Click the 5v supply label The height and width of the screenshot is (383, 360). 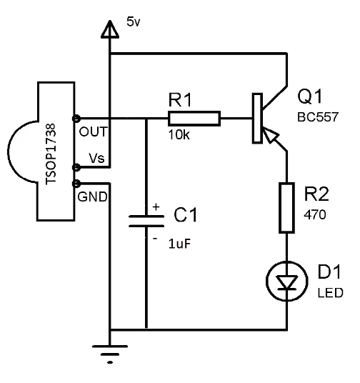pos(134,21)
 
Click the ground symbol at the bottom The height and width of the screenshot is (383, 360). pos(110,354)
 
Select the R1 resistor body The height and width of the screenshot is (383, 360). pos(194,119)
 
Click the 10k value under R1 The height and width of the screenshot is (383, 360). pos(179,134)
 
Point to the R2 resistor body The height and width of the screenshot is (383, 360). pos(286,208)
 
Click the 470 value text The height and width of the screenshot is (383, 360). pos(315,214)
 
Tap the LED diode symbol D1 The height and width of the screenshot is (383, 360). pos(286,281)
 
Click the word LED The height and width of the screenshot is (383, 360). pos(331,293)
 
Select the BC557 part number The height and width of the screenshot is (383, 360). pos(318,117)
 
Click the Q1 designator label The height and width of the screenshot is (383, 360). pos(310,96)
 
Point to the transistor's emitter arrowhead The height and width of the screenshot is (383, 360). pos(271,135)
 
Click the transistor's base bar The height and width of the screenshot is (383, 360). pos(257,118)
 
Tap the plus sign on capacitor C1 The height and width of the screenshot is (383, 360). pos(156,207)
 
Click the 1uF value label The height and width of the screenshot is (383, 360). pos(179,244)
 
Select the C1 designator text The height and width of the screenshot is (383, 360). pos(186,215)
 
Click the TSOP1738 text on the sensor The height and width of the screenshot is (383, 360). pos(51,154)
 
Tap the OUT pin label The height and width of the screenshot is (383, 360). pos(93,132)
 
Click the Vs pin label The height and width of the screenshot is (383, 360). pos(96,159)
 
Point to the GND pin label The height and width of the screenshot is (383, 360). pos(92,197)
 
